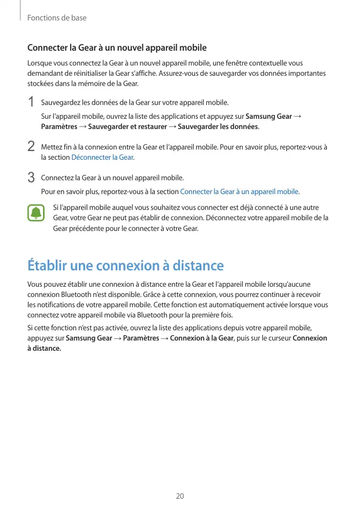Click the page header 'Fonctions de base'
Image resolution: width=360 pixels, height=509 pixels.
point(57,18)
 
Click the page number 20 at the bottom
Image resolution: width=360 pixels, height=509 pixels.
point(180,496)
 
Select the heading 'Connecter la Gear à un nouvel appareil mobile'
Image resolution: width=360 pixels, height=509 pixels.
point(117,48)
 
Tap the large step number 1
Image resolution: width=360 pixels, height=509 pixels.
point(31,102)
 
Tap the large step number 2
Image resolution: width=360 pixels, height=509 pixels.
point(31,147)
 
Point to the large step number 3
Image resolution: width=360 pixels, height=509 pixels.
point(31,178)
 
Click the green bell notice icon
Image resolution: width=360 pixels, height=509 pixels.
point(36,213)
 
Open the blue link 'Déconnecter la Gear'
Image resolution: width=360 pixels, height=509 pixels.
point(102,157)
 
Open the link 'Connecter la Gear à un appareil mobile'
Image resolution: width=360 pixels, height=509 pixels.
point(239,192)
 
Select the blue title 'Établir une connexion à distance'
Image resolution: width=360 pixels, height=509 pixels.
point(125,266)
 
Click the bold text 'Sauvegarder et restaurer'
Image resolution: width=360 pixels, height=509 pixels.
point(128,126)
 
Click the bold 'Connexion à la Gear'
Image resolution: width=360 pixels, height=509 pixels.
point(201,338)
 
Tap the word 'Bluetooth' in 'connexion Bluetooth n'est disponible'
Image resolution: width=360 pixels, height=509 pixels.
point(76,294)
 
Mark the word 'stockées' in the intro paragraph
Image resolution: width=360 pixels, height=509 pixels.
point(40,83)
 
